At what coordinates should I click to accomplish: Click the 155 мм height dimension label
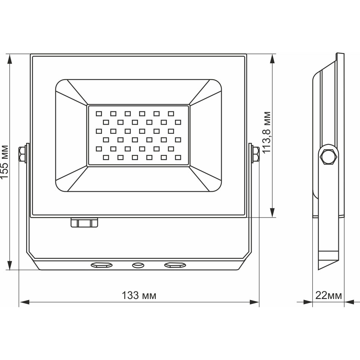tap(5, 161)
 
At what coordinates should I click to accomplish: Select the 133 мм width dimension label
tap(139, 296)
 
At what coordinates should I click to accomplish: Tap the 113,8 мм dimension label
tap(266, 132)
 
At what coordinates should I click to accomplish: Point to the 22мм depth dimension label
tap(329, 296)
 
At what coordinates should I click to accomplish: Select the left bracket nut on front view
tap(22, 154)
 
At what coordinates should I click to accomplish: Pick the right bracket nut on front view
tap(255, 154)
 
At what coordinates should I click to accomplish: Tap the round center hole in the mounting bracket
tap(138, 265)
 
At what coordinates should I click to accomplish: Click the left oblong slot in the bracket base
tap(102, 265)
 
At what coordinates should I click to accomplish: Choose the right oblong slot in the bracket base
tap(175, 265)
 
